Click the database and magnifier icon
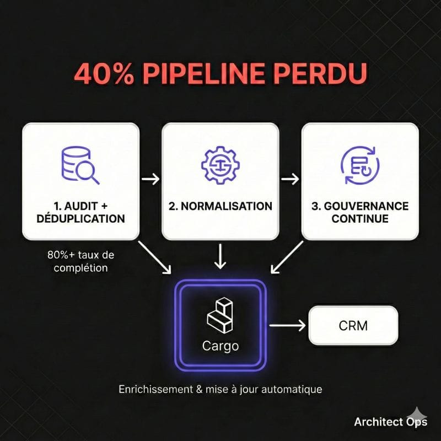(x=80, y=166)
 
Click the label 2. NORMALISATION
(x=220, y=206)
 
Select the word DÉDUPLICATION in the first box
(x=80, y=218)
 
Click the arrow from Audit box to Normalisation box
(x=150, y=179)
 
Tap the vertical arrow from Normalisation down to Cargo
(x=220, y=256)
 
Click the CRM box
(x=353, y=325)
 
